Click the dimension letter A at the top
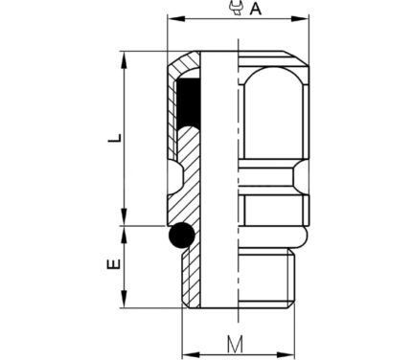[x=256, y=9]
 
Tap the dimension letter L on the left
[x=115, y=138]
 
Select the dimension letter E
[x=114, y=264]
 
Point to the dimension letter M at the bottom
[x=236, y=344]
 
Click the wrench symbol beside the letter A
[x=237, y=8]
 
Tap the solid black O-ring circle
[x=181, y=236]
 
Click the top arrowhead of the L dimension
[x=125, y=59]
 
